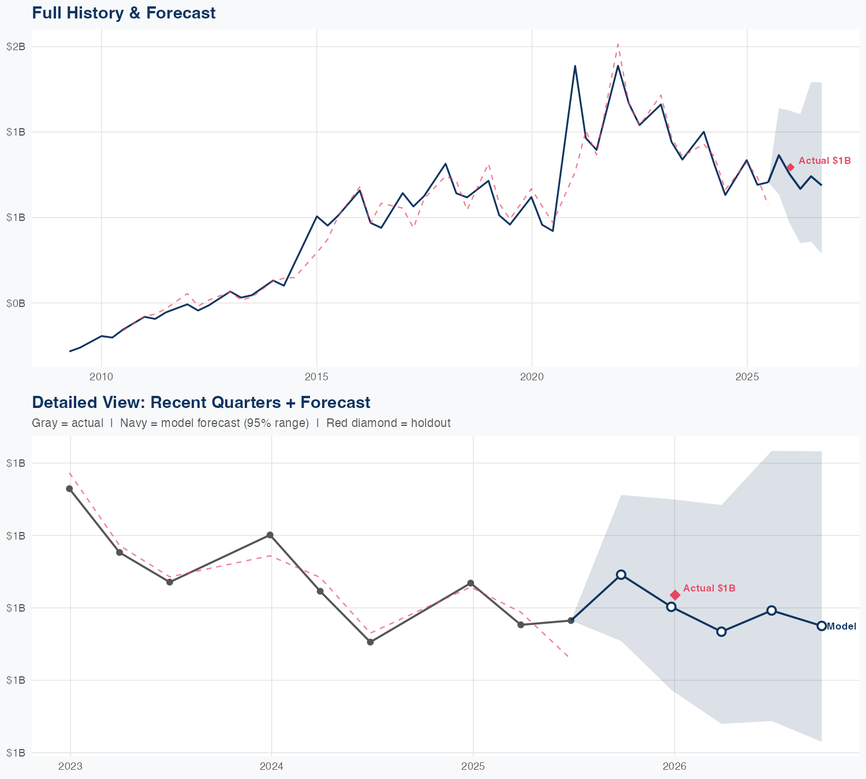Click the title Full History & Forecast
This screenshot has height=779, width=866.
124,13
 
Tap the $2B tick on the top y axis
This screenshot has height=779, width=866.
16,47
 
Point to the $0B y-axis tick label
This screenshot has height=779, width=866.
16,303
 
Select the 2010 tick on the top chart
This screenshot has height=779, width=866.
102,377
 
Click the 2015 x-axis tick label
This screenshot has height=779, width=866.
316,377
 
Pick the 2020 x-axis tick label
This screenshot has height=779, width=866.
532,377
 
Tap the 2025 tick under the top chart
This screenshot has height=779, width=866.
747,377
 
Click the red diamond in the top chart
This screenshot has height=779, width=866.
790,167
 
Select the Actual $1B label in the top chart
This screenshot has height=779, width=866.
824,160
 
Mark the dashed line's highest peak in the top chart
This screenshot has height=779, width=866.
618,44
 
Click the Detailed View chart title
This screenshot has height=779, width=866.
201,402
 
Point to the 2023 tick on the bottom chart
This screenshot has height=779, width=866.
70,766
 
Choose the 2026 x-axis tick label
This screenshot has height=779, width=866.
674,766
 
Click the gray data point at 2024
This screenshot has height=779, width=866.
270,535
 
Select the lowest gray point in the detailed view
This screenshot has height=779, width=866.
371,642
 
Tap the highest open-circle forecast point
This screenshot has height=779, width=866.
621,575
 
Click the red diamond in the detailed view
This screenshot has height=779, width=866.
675,595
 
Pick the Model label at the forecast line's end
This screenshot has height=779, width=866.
841,627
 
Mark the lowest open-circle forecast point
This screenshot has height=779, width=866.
721,632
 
